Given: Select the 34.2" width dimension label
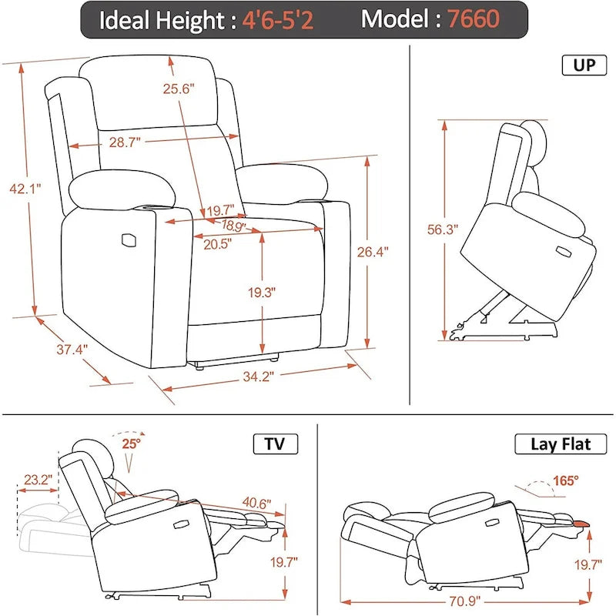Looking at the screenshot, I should point(257,377).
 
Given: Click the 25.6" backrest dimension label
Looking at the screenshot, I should point(179,88).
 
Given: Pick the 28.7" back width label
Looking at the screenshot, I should point(123,141).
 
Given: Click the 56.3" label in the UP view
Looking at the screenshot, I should point(443,229).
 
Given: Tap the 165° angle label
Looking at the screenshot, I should point(564,481).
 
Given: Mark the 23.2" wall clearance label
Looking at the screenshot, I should point(38,480).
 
